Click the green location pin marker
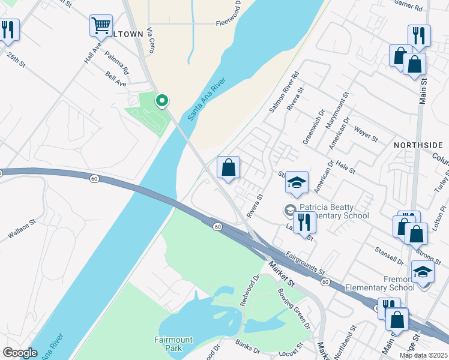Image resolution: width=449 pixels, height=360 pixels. tap(161, 101)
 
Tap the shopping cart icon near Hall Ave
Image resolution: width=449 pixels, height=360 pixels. tap(101, 26)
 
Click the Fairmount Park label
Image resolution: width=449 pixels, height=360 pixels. tap(173, 344)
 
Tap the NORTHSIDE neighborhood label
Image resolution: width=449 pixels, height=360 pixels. tap(418, 145)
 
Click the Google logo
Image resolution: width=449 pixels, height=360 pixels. tap(20, 353)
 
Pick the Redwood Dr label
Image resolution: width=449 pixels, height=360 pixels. tap(249, 290)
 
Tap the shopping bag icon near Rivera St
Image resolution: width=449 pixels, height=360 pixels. tap(228, 168)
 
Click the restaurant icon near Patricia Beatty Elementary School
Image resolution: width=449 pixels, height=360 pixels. tap(304, 223)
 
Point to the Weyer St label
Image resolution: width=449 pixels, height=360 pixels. tap(365, 134)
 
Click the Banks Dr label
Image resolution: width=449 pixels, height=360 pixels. tap(247, 346)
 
